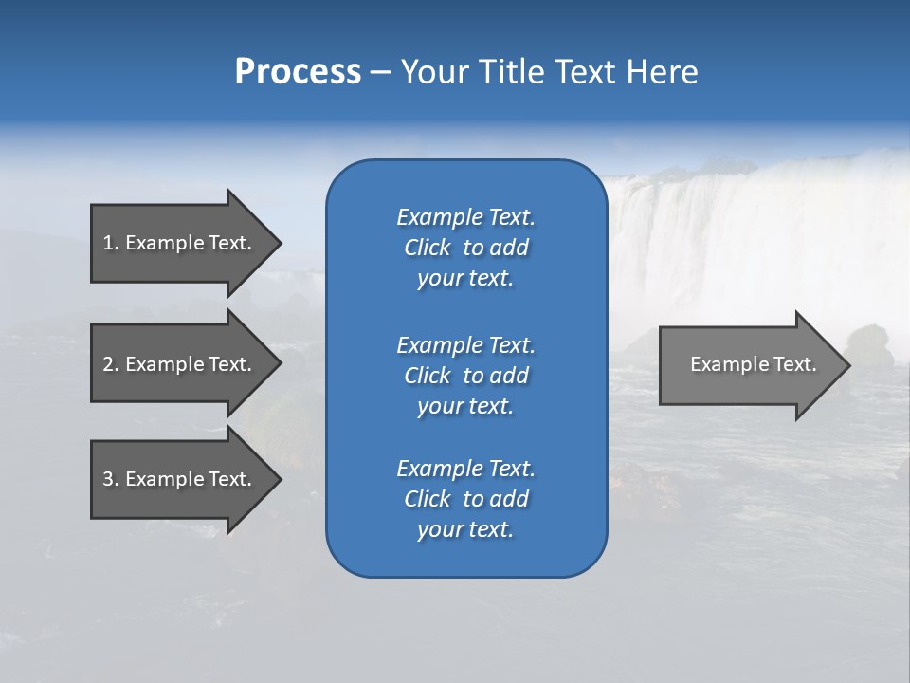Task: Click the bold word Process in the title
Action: [x=298, y=72]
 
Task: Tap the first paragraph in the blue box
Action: [x=465, y=248]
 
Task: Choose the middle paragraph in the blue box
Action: [x=465, y=375]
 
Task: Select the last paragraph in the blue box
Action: [x=465, y=499]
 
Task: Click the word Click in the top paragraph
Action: [x=427, y=248]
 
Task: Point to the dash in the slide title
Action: [x=380, y=72]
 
